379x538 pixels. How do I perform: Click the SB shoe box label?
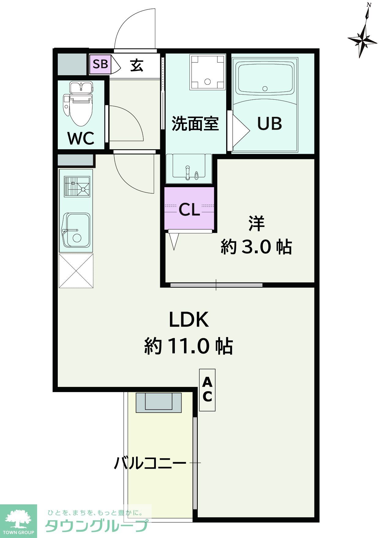[101, 64]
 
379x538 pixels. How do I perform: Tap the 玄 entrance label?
[137, 65]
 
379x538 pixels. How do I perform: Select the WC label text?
[81, 139]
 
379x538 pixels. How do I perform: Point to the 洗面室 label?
[195, 124]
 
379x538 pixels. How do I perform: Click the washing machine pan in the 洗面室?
[208, 72]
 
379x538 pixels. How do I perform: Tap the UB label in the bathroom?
[269, 124]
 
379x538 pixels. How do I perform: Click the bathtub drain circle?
[265, 89]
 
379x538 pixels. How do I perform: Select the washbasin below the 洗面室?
[189, 168]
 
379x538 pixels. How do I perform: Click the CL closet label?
[189, 210]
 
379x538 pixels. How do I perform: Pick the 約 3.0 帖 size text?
[256, 247]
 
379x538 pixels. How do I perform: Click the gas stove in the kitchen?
[77, 186]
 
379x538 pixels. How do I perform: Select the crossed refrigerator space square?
[76, 270]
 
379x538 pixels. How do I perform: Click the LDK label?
[189, 319]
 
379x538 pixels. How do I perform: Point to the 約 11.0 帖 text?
[189, 346]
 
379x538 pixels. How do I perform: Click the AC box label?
[207, 390]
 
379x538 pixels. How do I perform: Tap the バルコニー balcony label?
[150, 463]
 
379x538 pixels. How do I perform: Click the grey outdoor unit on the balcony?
[159, 402]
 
